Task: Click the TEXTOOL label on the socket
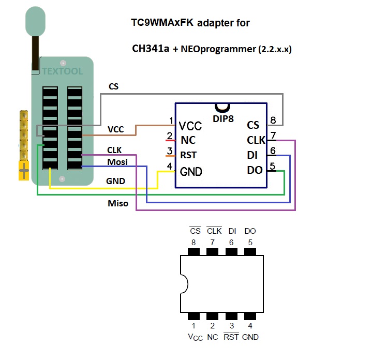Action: coord(63,71)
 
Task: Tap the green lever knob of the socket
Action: coord(36,20)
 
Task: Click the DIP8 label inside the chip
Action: coord(223,118)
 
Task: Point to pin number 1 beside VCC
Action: coord(171,121)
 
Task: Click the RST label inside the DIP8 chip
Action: coord(188,155)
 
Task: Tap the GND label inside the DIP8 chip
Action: coord(190,172)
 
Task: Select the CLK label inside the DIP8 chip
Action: coord(256,140)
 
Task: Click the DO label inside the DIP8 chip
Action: coord(255,170)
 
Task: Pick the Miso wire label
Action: coord(117,203)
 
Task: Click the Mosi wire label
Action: coord(117,162)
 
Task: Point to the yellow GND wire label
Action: coord(115,182)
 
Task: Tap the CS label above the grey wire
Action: coord(113,86)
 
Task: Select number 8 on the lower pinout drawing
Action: coord(194,242)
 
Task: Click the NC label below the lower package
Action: coord(212,337)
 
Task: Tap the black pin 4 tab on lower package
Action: coord(250,316)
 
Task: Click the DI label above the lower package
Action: coord(231,230)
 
